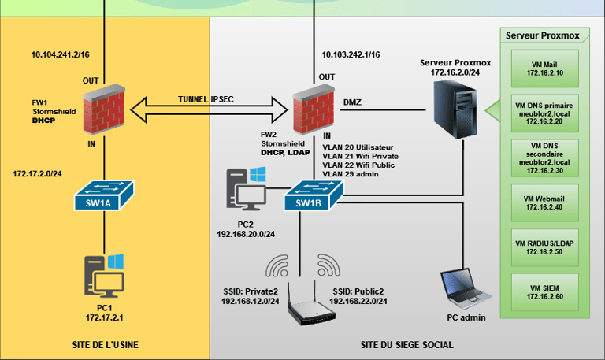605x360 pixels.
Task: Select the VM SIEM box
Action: click(x=544, y=291)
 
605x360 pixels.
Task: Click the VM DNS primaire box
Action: click(x=544, y=112)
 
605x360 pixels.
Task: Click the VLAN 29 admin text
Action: click(x=351, y=175)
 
